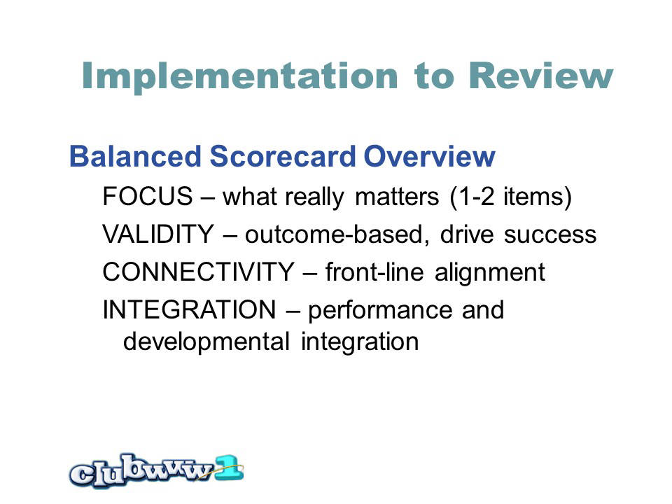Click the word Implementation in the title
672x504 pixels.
coord(240,76)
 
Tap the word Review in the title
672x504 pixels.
coord(541,76)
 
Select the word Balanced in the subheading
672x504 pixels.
coord(135,156)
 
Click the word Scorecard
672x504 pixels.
coord(283,156)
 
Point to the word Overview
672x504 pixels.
coord(429,156)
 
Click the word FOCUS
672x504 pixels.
coord(148,196)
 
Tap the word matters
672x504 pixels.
coord(397,197)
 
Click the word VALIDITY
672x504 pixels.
coord(158,234)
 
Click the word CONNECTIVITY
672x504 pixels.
coord(198,272)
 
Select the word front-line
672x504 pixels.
coord(374,272)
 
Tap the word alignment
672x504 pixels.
coord(490,273)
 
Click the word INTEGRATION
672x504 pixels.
coord(190,310)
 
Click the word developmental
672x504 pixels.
coord(206,342)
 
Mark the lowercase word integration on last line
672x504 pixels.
coord(360,342)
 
